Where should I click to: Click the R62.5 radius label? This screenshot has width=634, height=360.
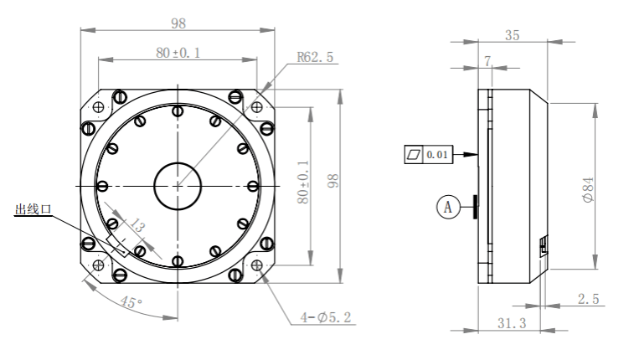[x=315, y=57]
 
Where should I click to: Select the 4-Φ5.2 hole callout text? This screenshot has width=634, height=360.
[x=326, y=317]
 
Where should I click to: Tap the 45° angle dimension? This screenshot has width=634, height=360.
[x=131, y=302]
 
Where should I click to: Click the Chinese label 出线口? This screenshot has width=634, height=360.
[x=34, y=209]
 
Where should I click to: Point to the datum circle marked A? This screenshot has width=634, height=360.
[x=448, y=207]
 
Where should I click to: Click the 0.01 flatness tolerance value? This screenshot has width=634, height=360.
[x=437, y=155]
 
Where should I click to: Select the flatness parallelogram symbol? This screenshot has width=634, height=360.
[x=414, y=155]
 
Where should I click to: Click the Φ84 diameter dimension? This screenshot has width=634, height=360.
[x=588, y=189]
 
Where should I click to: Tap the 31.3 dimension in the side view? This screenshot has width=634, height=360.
[x=512, y=323]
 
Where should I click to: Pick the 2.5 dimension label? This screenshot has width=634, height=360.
[x=588, y=299]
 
